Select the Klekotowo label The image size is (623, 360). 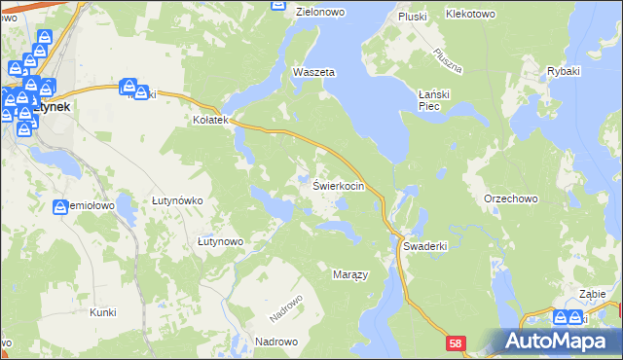(x=470, y=15)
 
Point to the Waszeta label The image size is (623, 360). (x=314, y=73)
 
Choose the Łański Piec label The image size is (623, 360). (x=435, y=99)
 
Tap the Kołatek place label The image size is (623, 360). (x=209, y=121)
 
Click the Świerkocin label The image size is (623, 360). (x=339, y=185)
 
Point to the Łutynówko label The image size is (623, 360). (x=176, y=200)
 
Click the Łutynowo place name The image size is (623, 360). (x=220, y=240)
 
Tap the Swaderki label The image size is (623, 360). (x=424, y=246)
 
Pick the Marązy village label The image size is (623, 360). (x=350, y=275)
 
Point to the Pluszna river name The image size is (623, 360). (x=447, y=60)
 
